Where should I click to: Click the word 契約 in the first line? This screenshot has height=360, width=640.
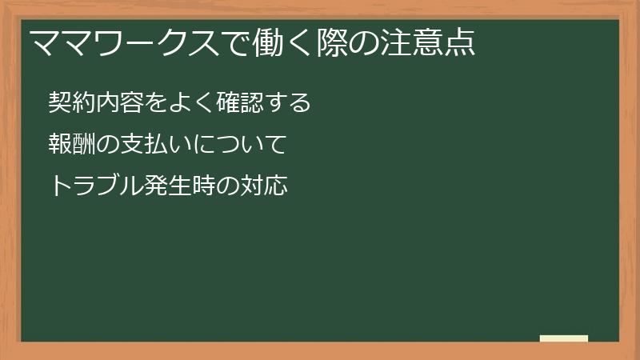[x=73, y=102]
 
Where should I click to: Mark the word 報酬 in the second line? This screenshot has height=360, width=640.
[x=73, y=145]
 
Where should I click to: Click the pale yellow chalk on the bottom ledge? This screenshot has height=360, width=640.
[x=564, y=338]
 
